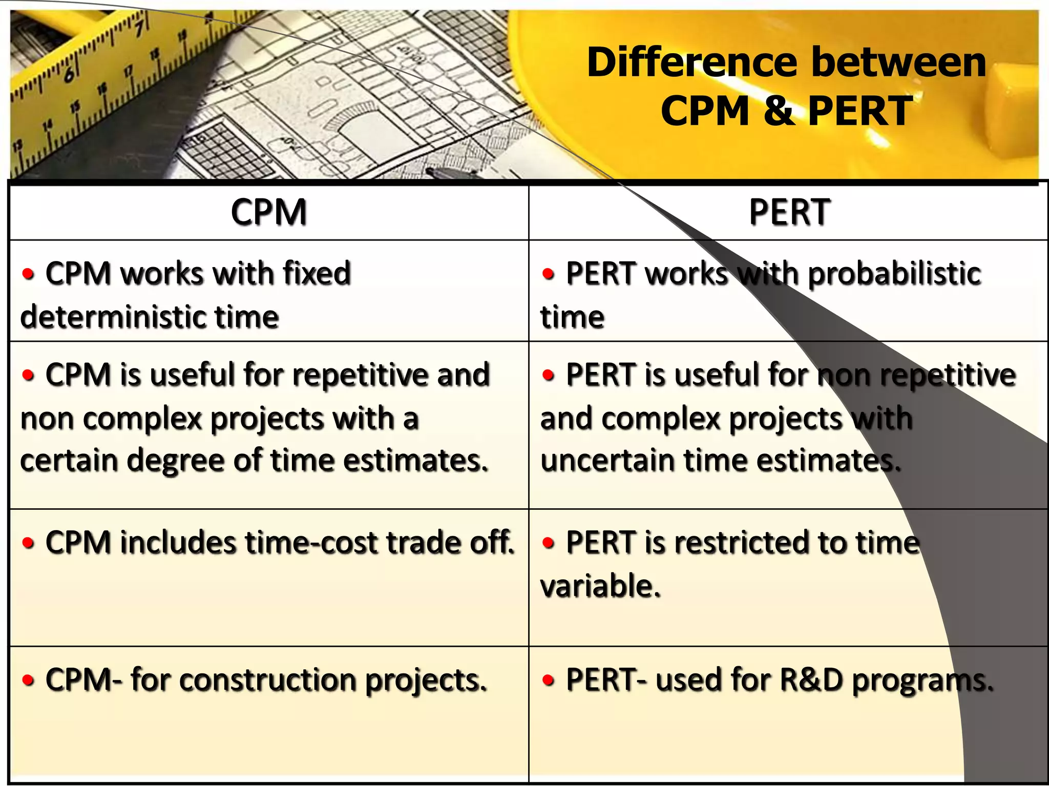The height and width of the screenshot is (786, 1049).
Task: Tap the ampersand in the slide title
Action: click(x=779, y=111)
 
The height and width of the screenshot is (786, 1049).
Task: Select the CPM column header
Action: click(x=268, y=212)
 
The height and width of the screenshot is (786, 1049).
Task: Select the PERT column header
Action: click(x=789, y=212)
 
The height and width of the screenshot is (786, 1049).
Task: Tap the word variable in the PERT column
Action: click(x=599, y=586)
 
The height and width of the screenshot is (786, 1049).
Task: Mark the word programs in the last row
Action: click(x=922, y=681)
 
